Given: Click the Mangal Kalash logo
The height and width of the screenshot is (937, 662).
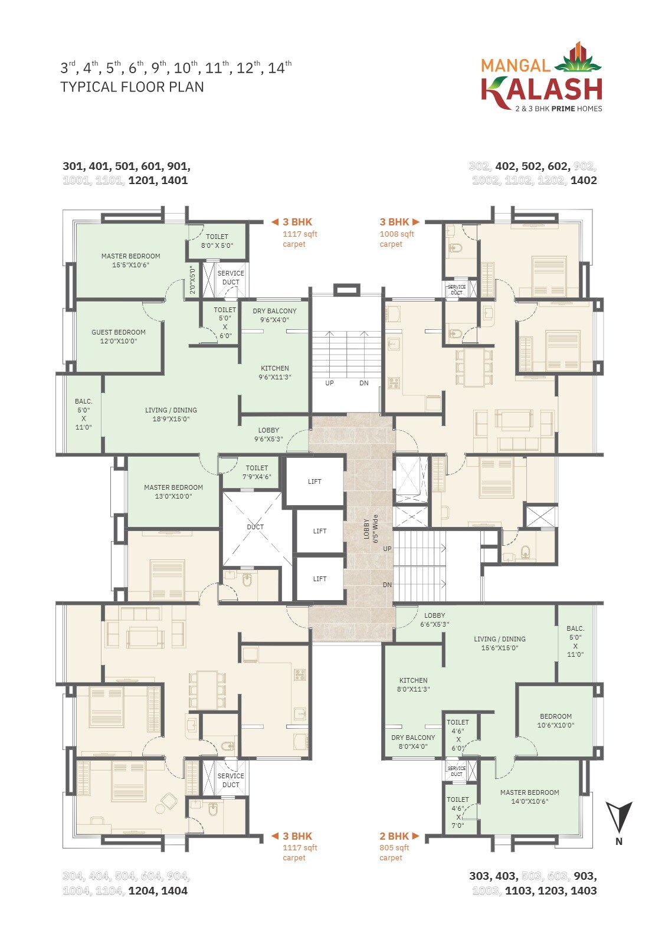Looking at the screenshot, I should tap(541, 77).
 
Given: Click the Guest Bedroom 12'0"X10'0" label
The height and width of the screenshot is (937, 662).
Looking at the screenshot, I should tap(118, 336).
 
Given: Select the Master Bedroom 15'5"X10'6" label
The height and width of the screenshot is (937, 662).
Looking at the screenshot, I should tap(130, 260).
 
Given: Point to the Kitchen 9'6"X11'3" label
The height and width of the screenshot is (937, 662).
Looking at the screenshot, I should tap(275, 372).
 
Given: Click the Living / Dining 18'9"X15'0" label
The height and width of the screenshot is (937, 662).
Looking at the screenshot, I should tap(171, 414).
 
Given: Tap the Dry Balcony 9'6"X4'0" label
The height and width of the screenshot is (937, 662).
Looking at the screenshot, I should tap(274, 315).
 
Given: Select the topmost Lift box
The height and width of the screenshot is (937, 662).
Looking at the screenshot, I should tap(314, 481).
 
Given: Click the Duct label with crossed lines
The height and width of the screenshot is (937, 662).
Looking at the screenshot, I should tap(255, 527).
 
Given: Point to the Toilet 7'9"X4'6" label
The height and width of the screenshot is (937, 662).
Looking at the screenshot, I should tap(257, 472).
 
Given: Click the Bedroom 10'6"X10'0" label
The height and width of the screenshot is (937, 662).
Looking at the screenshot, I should tap(555, 720).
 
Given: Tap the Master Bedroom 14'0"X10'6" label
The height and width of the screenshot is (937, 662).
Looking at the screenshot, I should tap(529, 797).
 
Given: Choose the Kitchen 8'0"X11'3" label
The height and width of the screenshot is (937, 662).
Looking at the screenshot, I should tap(413, 684).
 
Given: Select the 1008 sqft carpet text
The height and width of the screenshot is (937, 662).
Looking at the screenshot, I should tap(396, 238).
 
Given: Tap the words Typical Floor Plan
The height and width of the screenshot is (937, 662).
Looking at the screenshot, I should tap(132, 87).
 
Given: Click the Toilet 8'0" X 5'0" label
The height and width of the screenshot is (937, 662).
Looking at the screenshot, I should tap(217, 241).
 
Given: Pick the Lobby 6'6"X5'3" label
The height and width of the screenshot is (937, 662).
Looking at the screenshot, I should tap(434, 620).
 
